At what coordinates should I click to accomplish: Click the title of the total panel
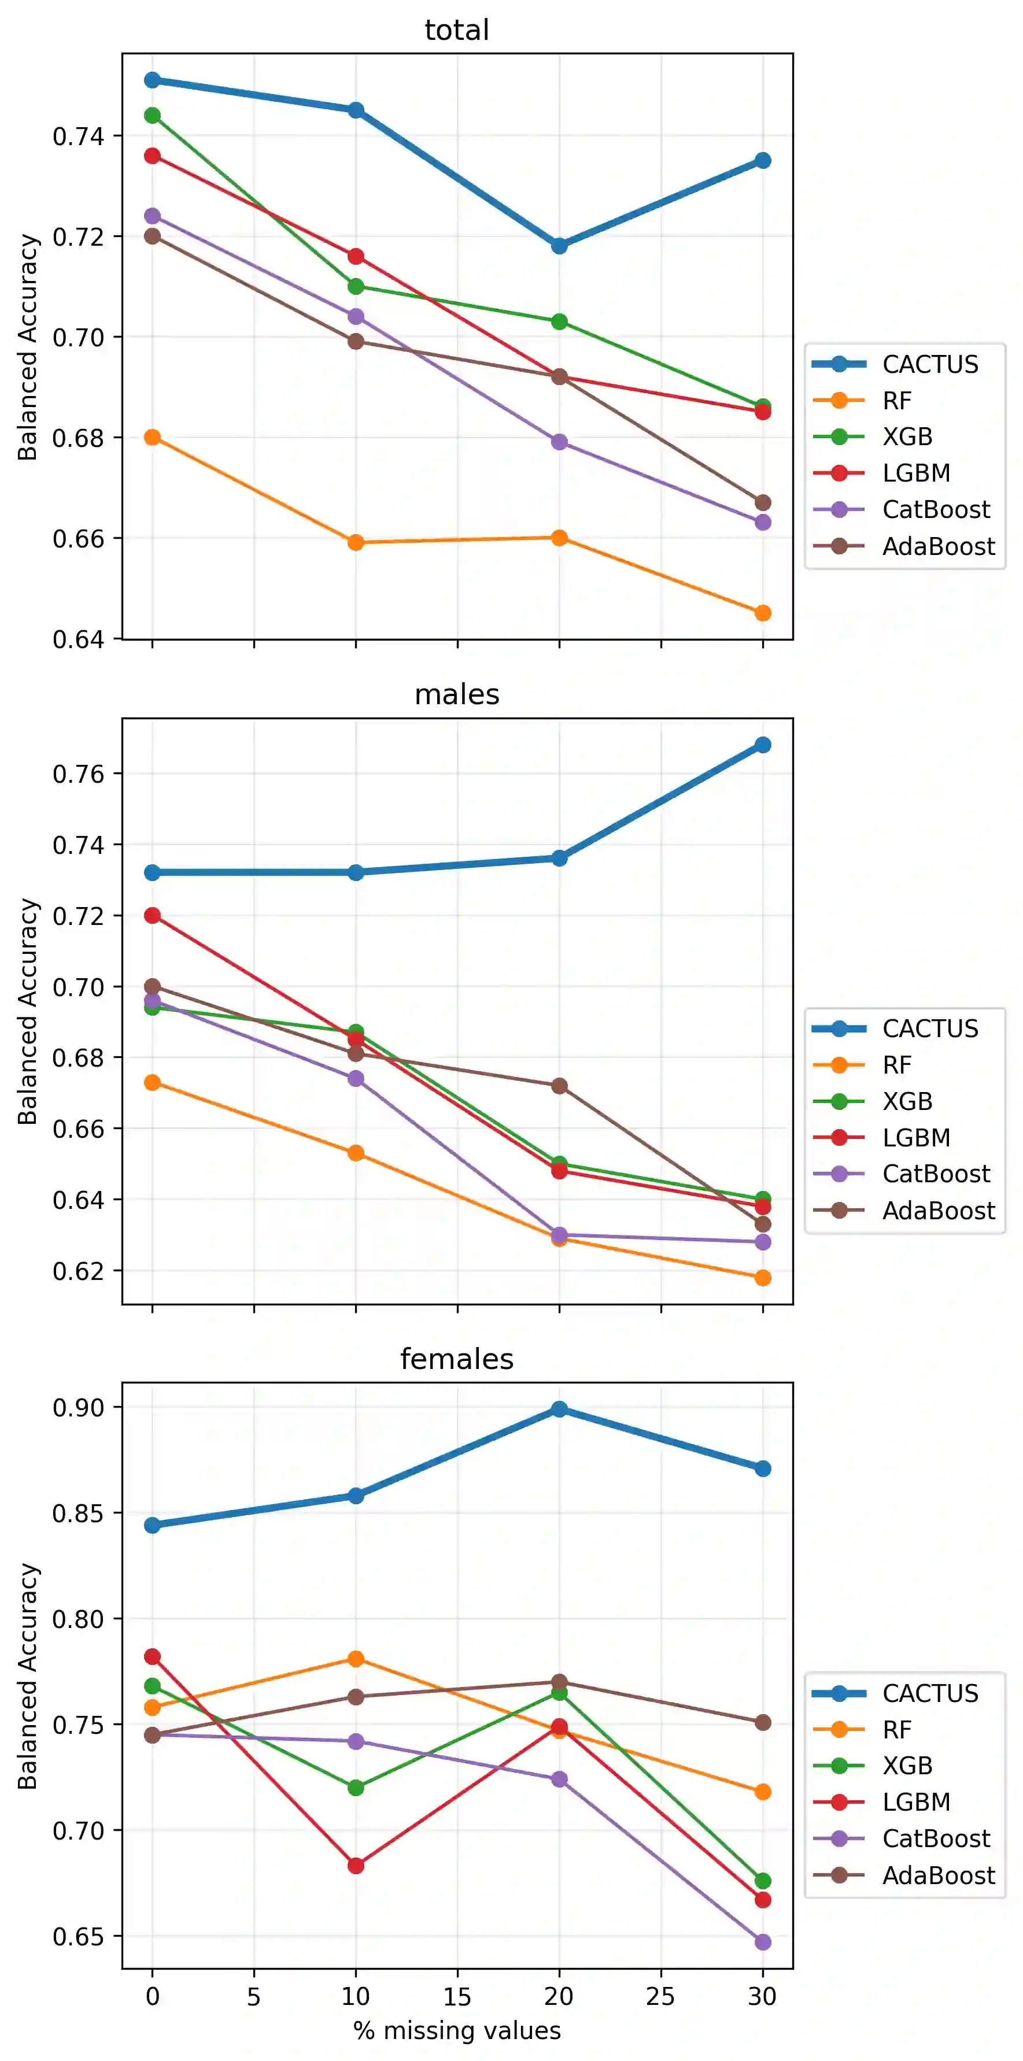456,31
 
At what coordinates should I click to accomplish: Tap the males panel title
456,694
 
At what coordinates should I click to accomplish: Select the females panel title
456,1359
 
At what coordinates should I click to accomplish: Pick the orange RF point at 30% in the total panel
763,613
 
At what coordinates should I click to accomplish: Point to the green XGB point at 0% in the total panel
152,115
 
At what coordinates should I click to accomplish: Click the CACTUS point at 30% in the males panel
763,745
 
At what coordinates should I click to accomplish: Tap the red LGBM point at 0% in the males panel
152,915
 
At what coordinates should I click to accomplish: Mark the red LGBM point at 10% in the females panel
356,1865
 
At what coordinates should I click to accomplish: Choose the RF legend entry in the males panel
896,1065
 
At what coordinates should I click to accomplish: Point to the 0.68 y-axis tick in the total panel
77,438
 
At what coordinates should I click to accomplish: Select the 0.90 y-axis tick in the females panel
77,1407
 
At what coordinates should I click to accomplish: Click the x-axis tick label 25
660,1997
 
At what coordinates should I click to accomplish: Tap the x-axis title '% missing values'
456,2030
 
